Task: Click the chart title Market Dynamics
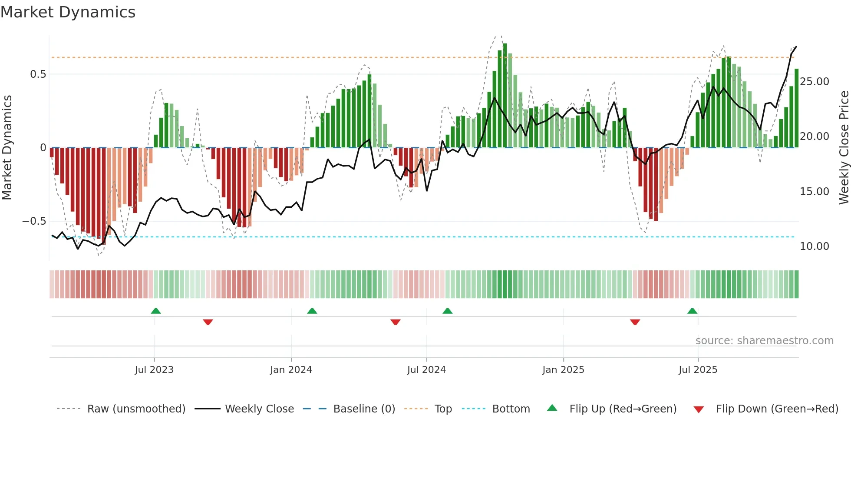tap(68, 12)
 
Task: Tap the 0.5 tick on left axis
tap(38, 74)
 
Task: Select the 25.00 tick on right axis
tap(814, 82)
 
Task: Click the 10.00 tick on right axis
tap(814, 246)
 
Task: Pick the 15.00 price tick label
tap(814, 192)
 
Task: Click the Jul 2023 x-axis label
tap(154, 370)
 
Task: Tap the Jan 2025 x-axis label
tap(563, 370)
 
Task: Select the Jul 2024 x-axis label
tap(426, 370)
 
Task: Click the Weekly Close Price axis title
tap(844, 148)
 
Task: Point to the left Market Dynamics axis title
tap(7, 148)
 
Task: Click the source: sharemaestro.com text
tap(764, 341)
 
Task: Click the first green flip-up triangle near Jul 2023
tap(156, 311)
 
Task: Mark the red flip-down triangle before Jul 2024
tap(395, 322)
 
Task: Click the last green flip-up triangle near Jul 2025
tap(692, 311)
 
